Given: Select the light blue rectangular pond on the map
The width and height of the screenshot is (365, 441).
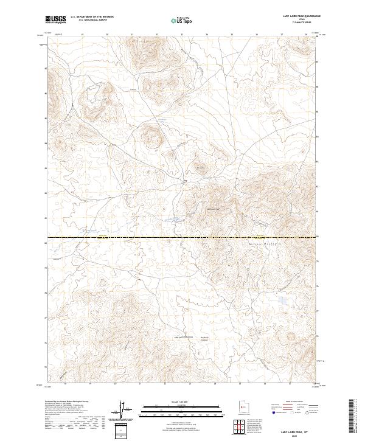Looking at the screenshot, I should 282,300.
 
